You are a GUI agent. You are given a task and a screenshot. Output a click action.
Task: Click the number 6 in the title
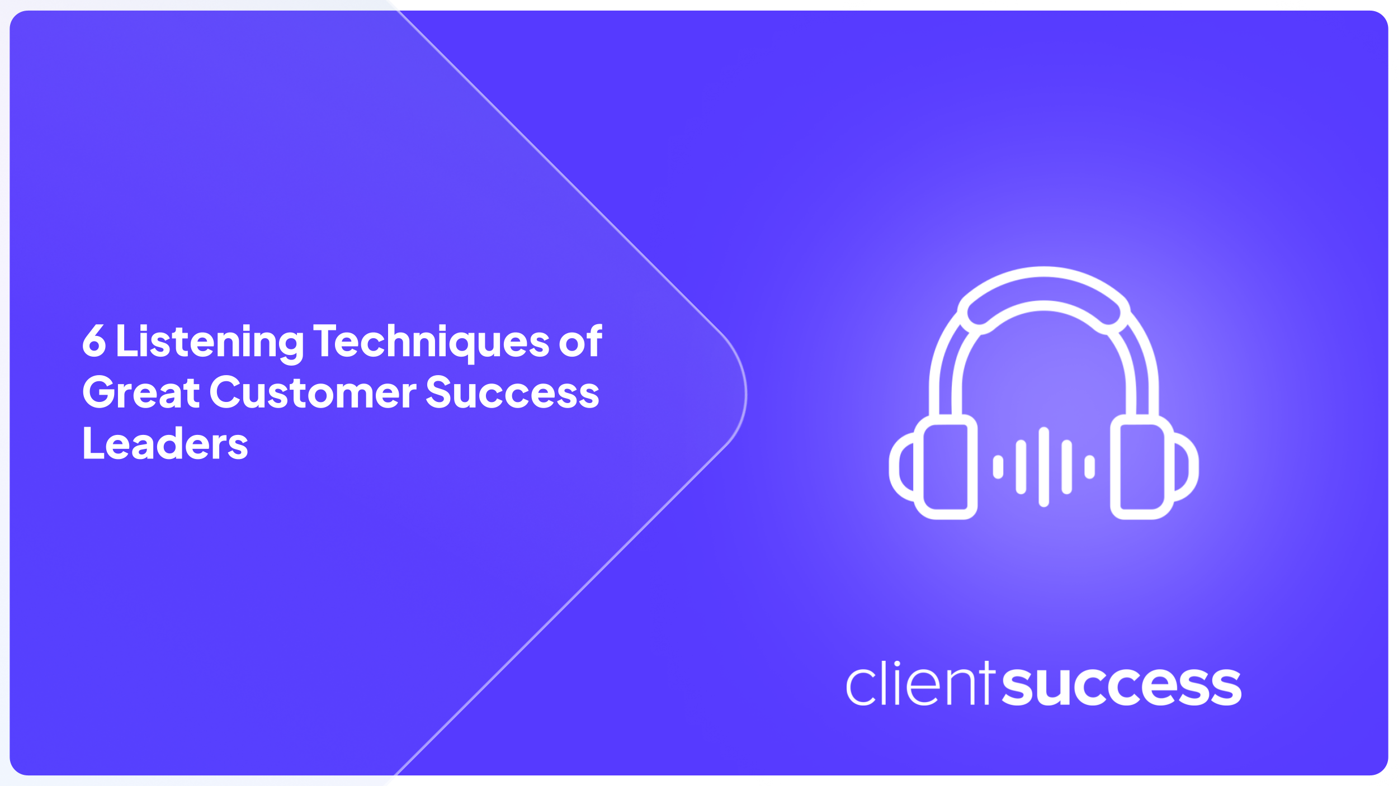pyautogui.click(x=94, y=340)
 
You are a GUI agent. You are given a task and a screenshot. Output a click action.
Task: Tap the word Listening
pyautogui.click(x=210, y=342)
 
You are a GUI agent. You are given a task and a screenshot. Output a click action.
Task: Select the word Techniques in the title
pyautogui.click(x=431, y=342)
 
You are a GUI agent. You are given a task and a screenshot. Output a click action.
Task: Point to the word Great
pyautogui.click(x=141, y=392)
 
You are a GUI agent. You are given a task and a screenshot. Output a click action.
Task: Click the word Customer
pyautogui.click(x=313, y=392)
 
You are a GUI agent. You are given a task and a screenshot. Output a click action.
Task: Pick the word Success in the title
pyautogui.click(x=512, y=392)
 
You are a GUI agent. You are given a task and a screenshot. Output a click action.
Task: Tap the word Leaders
pyautogui.click(x=166, y=444)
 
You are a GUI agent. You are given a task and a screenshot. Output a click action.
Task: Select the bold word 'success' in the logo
pyautogui.click(x=1121, y=686)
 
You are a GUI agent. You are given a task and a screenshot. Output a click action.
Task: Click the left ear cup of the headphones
pyautogui.click(x=945, y=467)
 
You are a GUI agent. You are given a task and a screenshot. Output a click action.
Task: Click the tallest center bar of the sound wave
pyautogui.click(x=1043, y=467)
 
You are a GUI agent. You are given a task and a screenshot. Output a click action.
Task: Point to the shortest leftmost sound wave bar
pyautogui.click(x=998, y=467)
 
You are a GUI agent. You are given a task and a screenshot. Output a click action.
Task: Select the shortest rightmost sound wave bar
pyautogui.click(x=1089, y=467)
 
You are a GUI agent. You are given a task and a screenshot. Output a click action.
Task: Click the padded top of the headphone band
pyautogui.click(x=1043, y=288)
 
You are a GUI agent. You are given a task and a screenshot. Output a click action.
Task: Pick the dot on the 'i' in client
pyautogui.click(x=897, y=664)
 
